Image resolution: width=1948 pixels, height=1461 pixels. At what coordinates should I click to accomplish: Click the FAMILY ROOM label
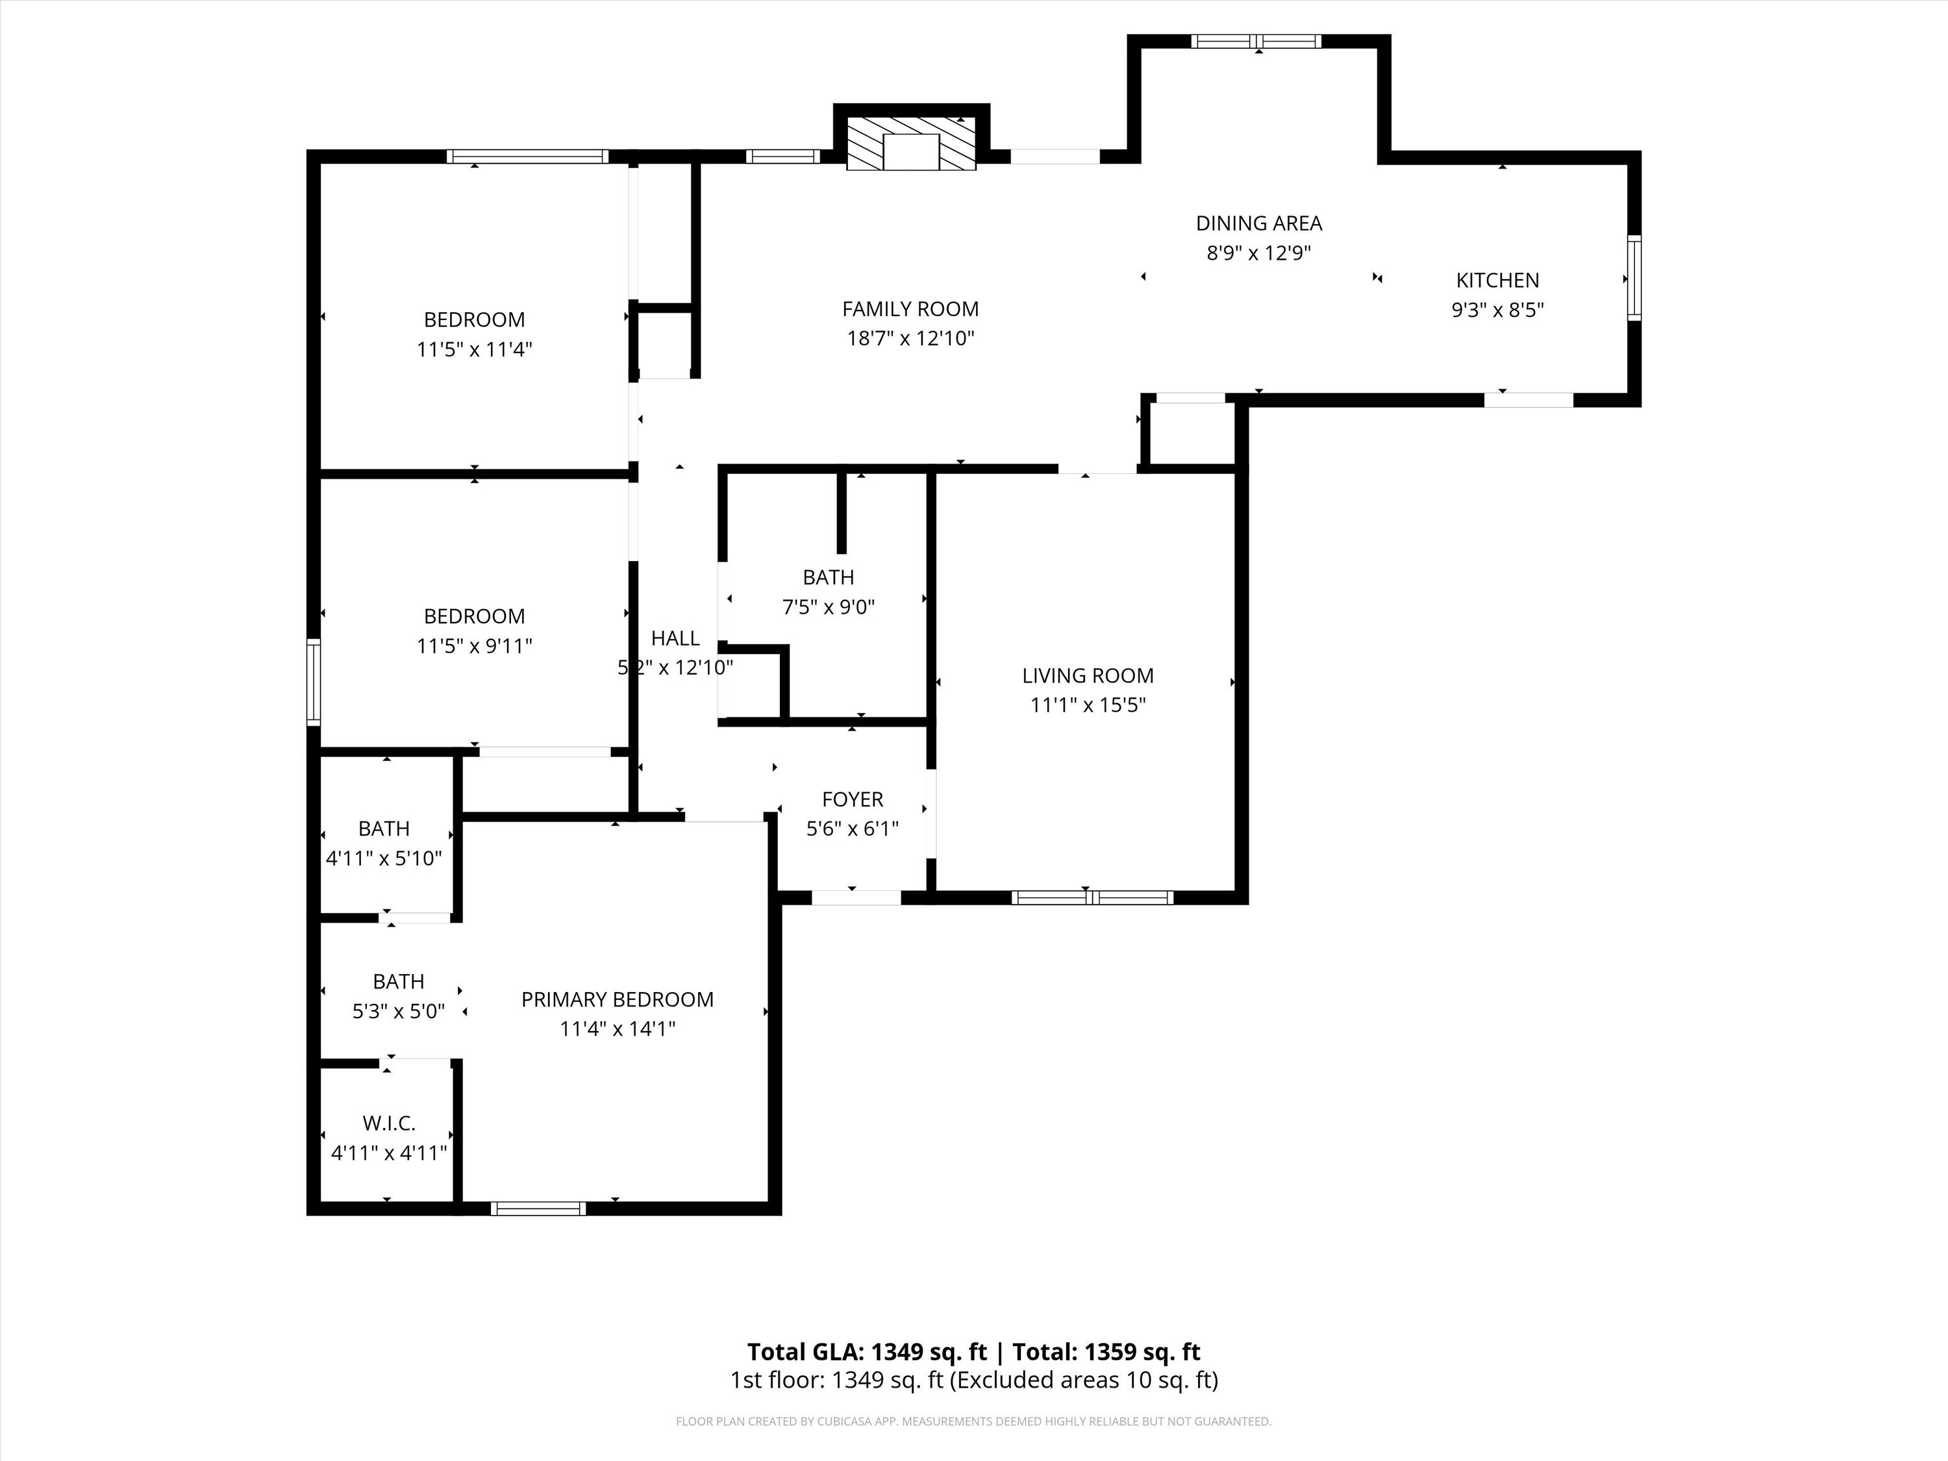[910, 309]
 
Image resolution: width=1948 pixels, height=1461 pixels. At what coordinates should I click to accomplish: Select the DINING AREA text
[1258, 223]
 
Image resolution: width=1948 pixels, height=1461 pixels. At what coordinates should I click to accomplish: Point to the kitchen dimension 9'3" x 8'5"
[1497, 310]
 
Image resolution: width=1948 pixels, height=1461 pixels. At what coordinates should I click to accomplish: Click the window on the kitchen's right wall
[1634, 279]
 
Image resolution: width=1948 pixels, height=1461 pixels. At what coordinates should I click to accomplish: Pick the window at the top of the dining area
[1256, 42]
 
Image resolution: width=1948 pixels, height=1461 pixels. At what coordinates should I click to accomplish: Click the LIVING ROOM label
[1088, 675]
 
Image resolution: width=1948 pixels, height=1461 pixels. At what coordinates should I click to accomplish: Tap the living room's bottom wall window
[1092, 897]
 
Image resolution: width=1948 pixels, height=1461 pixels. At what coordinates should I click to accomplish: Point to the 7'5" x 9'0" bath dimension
[829, 606]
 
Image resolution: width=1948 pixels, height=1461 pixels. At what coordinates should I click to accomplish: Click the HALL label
[675, 638]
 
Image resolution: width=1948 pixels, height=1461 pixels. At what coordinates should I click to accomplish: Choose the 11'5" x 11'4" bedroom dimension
[475, 349]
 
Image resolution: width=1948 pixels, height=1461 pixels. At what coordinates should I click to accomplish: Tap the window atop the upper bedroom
[527, 156]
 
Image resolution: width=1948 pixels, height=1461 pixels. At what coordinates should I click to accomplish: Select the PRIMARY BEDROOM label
[618, 999]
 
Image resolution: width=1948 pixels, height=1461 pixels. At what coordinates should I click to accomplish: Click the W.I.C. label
[388, 1124]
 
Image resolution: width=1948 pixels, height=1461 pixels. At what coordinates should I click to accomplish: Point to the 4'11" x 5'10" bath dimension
[384, 858]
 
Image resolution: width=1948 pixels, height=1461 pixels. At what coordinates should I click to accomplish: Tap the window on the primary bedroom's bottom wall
[538, 1208]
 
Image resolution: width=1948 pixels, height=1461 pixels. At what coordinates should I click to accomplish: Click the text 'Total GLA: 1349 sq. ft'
[868, 1352]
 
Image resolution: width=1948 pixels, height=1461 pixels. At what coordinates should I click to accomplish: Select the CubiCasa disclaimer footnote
[974, 1421]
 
